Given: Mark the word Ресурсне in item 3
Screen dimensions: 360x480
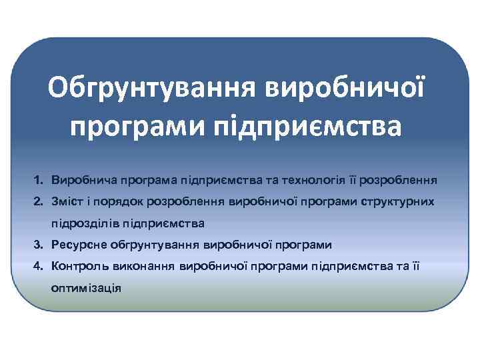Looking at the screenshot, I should pos(77,245).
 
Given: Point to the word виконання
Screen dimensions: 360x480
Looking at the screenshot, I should pos(143,267).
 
